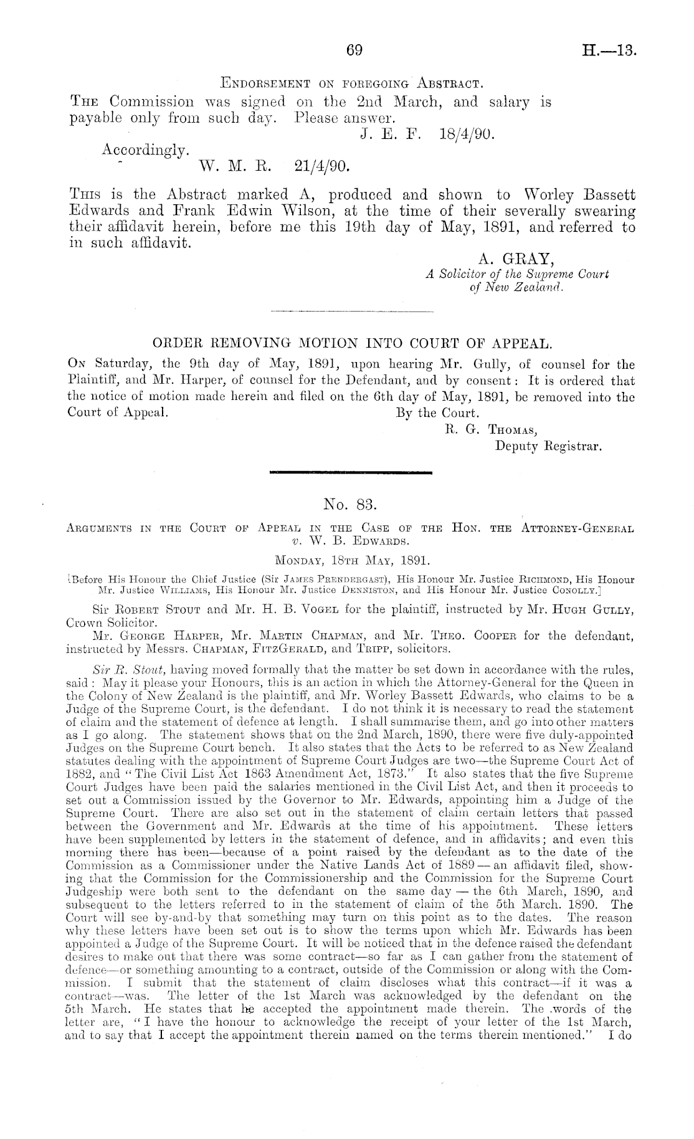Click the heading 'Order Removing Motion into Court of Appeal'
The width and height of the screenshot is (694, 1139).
[x=352, y=343]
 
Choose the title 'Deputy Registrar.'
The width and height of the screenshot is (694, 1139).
[x=548, y=446]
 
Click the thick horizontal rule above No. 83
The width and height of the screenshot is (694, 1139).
[x=351, y=473]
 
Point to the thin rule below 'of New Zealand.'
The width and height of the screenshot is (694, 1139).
[x=352, y=310]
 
